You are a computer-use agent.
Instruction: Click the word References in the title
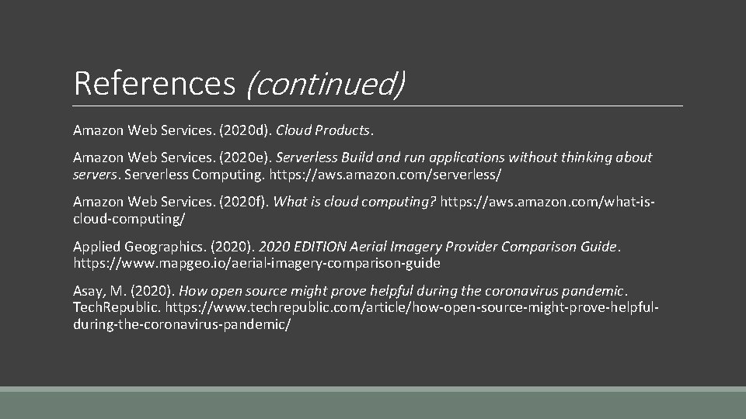pyautogui.click(x=154, y=82)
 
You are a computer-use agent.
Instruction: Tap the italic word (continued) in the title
pyautogui.click(x=325, y=82)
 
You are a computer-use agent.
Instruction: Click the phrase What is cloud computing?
pyautogui.click(x=355, y=202)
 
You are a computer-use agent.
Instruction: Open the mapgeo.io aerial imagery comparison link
pyautogui.click(x=256, y=263)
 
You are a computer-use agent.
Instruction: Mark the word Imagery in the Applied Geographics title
pyautogui.click(x=418, y=247)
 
